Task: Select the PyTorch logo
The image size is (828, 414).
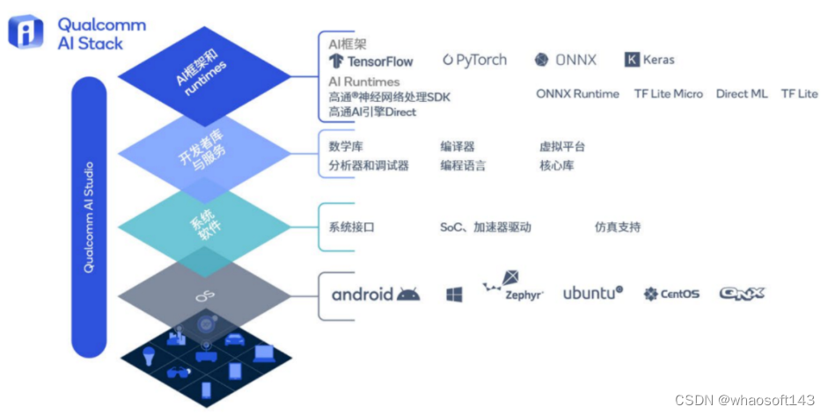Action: pos(474,60)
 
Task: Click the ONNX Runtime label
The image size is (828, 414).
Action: pos(577,94)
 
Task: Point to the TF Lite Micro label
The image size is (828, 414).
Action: pos(668,94)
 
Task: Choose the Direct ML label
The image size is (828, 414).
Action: pos(742,94)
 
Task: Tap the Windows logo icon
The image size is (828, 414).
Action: pos(454,294)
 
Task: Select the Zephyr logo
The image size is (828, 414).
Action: pos(514,289)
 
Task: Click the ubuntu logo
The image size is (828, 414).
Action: pos(593,293)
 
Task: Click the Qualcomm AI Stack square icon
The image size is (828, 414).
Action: pos(26,32)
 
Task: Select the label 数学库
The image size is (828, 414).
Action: pos(346,148)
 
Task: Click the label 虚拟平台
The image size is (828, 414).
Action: pos(562,148)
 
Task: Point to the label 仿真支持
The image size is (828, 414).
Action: pos(618,227)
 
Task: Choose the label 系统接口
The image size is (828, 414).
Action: pos(352,227)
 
